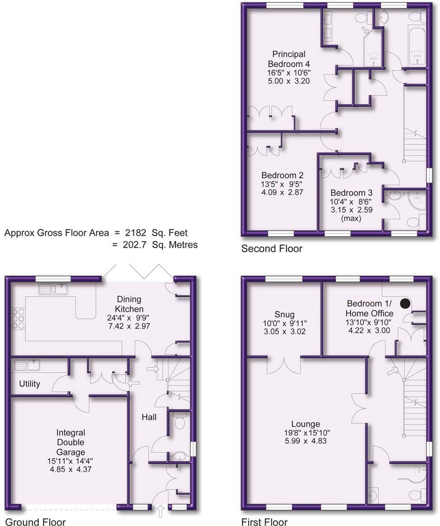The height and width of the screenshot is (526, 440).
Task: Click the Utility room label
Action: tap(30, 384)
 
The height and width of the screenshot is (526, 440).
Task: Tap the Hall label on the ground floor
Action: tap(149, 417)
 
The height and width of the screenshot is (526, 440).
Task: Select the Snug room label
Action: tap(284, 315)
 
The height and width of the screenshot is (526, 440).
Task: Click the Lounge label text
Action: tap(306, 424)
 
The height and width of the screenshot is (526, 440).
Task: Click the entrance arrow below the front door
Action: tap(161, 511)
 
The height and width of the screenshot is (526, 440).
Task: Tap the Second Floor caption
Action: tap(272, 249)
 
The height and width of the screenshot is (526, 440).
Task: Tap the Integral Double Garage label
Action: tap(71, 443)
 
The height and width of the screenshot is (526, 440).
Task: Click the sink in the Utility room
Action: tap(25, 365)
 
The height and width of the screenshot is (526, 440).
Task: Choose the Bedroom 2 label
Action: tap(282, 175)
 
